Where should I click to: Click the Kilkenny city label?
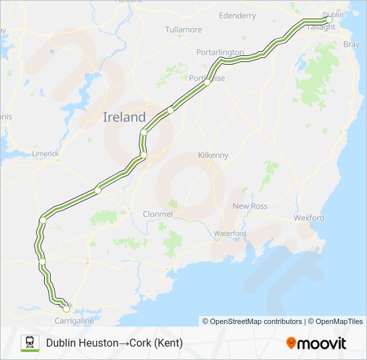pos(214,155)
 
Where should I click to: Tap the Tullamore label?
pos(183,30)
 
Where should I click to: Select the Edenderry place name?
pos(237,14)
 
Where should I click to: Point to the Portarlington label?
pos(220,52)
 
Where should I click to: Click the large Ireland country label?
pos(124,117)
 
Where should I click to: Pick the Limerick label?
pos(45,153)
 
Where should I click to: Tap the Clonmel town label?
pos(158,214)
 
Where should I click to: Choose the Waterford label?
pos(230,233)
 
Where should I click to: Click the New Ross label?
pos(250,207)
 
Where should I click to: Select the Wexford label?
pos(309,218)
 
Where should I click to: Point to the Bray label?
pos(350,45)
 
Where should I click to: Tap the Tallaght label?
pos(317,27)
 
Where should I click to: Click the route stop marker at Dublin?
pos(329,20)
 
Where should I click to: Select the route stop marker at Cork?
pos(65,308)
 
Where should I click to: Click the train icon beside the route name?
pos(29,343)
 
